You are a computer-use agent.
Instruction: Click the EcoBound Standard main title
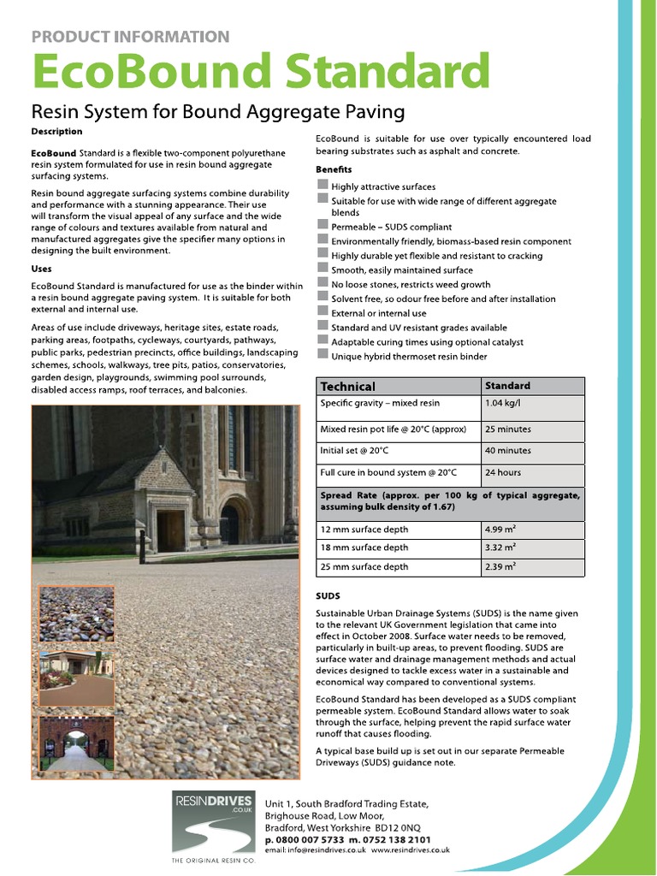tap(260, 71)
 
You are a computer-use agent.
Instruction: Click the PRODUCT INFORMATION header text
tap(130, 37)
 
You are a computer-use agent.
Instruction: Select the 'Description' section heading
tap(56, 132)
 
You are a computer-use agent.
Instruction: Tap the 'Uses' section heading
tap(41, 269)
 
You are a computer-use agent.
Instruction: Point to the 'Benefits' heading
tap(334, 169)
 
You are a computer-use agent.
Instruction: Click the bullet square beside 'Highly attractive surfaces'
tap(322, 186)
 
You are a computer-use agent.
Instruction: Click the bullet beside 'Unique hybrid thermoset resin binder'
tap(322, 355)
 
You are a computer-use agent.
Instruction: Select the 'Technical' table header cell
tap(347, 387)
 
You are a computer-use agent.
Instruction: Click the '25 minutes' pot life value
tap(508, 429)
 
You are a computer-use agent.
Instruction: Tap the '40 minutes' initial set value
tap(508, 451)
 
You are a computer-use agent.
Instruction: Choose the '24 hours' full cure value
tap(503, 472)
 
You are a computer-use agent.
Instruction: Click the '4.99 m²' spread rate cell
tap(500, 529)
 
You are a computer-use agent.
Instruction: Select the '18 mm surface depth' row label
tap(364, 547)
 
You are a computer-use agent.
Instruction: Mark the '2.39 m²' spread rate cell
tap(500, 566)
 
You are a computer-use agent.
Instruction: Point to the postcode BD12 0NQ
tap(399, 829)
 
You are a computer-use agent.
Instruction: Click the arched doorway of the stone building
tap(230, 522)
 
